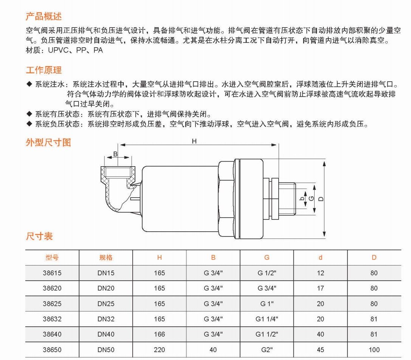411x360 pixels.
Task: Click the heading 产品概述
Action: [x=43, y=17]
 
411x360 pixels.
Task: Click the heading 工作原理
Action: [x=43, y=70]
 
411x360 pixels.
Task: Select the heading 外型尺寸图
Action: [x=48, y=142]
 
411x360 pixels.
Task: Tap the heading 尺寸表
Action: [x=39, y=236]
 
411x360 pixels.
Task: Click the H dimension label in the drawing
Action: [x=194, y=141]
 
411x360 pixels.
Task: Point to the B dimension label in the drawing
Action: [x=115, y=154]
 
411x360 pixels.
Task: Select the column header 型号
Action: [x=52, y=258]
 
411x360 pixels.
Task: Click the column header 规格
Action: [x=106, y=258]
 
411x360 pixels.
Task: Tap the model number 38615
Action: [x=52, y=273]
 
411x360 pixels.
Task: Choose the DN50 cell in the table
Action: [x=106, y=350]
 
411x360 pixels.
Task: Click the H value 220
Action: [x=160, y=350]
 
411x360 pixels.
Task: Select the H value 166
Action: [x=160, y=334]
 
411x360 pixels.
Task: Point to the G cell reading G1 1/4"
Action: [x=267, y=319]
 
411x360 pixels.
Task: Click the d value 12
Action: [x=321, y=273]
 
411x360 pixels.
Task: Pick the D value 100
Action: [x=374, y=350]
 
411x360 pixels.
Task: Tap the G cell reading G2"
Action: [x=267, y=350]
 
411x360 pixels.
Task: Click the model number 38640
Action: [x=52, y=334]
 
